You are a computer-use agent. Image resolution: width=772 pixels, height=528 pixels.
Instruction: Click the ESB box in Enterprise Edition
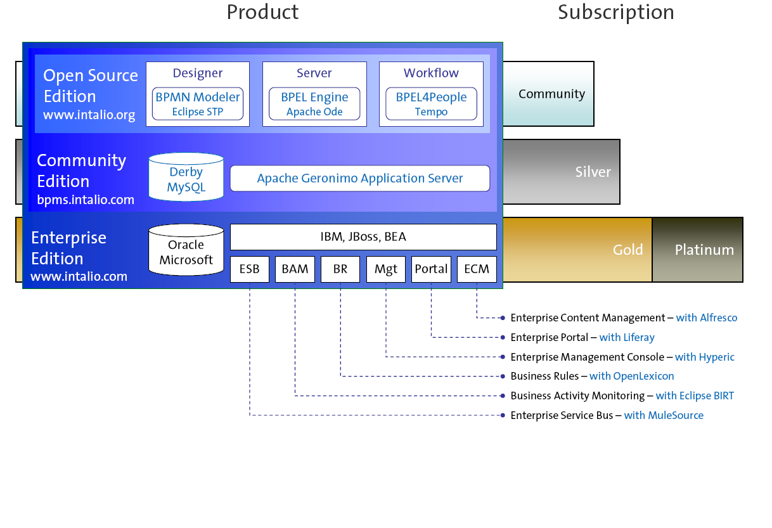click(250, 269)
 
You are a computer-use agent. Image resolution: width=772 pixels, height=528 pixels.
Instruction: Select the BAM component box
click(295, 269)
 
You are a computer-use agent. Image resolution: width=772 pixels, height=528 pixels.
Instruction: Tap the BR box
click(340, 269)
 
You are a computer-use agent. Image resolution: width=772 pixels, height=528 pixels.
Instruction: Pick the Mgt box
click(385, 269)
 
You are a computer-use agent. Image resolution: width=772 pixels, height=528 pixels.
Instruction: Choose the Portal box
click(431, 269)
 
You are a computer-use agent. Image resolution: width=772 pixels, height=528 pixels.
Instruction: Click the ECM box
click(477, 269)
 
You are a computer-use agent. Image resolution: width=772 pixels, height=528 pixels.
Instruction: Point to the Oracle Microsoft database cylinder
click(186, 251)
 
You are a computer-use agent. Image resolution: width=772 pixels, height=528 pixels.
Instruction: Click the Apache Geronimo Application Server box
click(360, 178)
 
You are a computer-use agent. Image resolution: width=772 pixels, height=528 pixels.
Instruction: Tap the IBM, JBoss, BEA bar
click(363, 237)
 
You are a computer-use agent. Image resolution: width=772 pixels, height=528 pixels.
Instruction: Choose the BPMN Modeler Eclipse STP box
click(198, 103)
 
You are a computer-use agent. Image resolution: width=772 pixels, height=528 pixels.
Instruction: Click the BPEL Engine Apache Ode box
click(314, 103)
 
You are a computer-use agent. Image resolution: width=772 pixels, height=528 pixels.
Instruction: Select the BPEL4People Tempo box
click(431, 103)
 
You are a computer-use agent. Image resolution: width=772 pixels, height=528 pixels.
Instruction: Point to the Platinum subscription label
click(704, 250)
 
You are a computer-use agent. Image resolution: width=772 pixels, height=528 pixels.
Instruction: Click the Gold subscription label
click(627, 250)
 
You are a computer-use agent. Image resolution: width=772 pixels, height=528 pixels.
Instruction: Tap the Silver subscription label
click(593, 172)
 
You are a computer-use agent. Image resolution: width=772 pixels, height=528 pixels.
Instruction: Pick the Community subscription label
click(551, 94)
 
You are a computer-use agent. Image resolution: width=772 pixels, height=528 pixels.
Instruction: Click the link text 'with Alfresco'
click(707, 318)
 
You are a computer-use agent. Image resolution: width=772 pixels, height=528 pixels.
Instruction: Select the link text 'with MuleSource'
click(664, 415)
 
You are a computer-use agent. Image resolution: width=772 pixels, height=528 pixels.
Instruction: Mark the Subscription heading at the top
click(615, 12)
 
